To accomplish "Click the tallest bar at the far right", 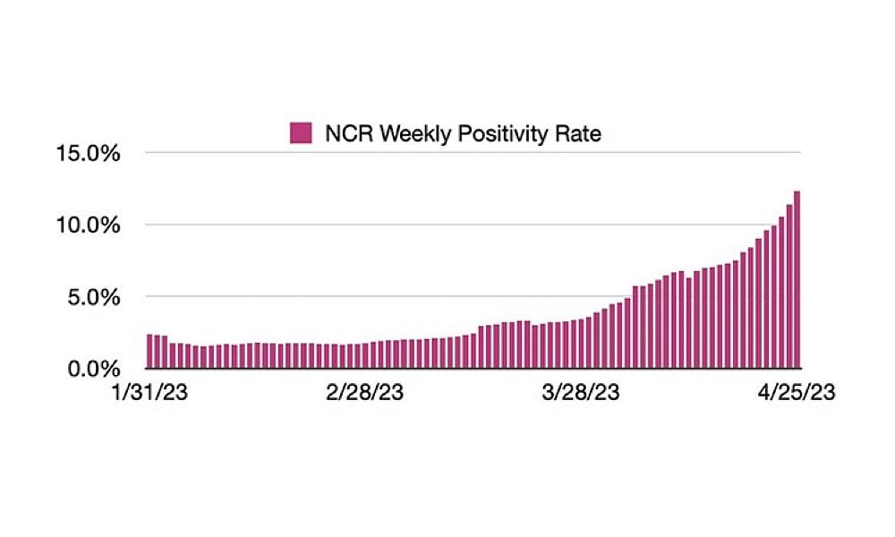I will [797, 279].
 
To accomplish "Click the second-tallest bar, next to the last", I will [788, 286].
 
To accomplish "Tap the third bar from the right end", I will [781, 292].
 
